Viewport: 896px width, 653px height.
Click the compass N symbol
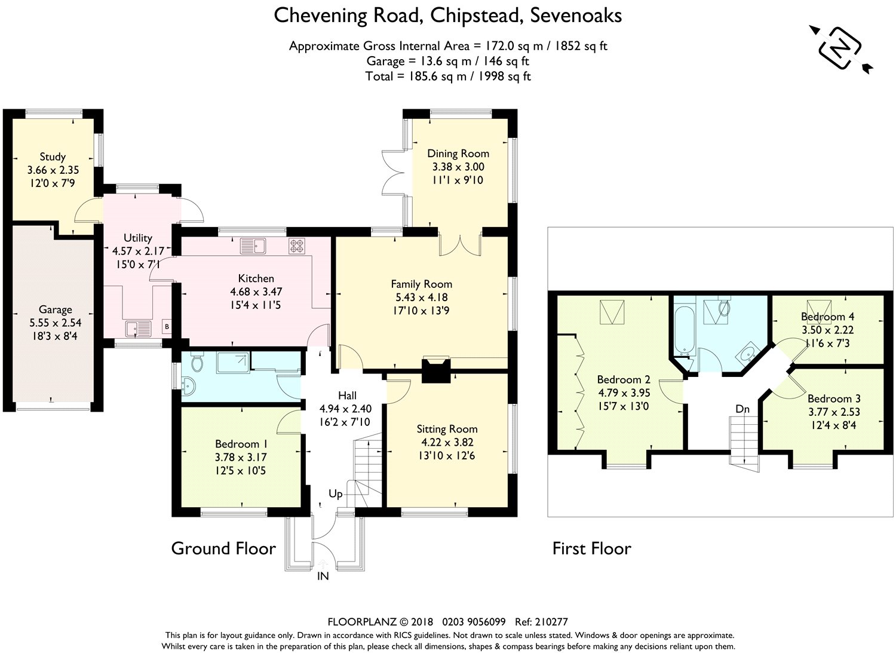[x=841, y=48]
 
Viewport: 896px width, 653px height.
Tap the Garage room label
[x=56, y=309]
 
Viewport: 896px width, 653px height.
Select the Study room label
[x=53, y=157]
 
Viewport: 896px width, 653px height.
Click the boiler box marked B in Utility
[x=167, y=327]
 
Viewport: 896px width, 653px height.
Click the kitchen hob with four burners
[x=297, y=246]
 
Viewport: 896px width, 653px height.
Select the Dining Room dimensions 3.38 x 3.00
[x=458, y=167]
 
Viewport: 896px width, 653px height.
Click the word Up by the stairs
[x=336, y=493]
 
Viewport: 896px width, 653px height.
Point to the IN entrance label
[x=323, y=576]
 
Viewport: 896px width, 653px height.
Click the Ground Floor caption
[x=223, y=548]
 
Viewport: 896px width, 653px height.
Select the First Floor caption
[x=591, y=548]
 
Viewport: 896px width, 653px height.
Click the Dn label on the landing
[x=742, y=409]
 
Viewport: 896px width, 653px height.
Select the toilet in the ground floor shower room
[x=197, y=362]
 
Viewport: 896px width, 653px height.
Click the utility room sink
[x=138, y=328]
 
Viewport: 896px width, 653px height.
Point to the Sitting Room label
[x=447, y=429]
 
